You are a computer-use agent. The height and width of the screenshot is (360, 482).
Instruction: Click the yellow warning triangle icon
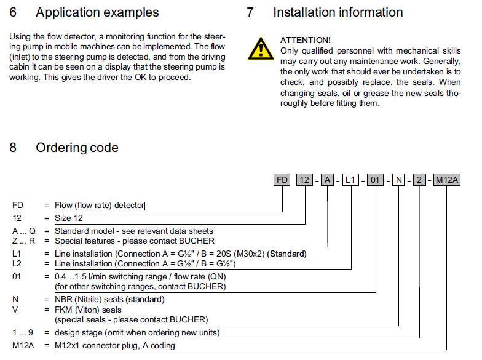tap(262, 47)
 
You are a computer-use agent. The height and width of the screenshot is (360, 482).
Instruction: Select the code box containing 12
tap(304, 180)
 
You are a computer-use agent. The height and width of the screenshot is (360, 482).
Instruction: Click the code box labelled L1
tap(350, 180)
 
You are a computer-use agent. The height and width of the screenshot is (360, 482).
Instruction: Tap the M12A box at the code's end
tap(447, 180)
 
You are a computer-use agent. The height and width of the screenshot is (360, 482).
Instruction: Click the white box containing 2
tap(419, 180)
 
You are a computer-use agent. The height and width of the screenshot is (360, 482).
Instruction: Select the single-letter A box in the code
tap(328, 180)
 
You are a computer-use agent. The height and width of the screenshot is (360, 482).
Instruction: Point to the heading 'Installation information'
tap(338, 12)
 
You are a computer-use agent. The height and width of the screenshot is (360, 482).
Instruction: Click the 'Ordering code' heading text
tap(77, 148)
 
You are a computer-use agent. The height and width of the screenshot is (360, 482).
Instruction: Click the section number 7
tap(250, 12)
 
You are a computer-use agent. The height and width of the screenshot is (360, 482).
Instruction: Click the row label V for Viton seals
tap(15, 310)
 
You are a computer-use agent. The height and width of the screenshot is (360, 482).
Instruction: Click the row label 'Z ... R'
tap(23, 241)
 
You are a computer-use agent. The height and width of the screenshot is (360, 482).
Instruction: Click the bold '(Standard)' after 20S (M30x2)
tap(285, 254)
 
